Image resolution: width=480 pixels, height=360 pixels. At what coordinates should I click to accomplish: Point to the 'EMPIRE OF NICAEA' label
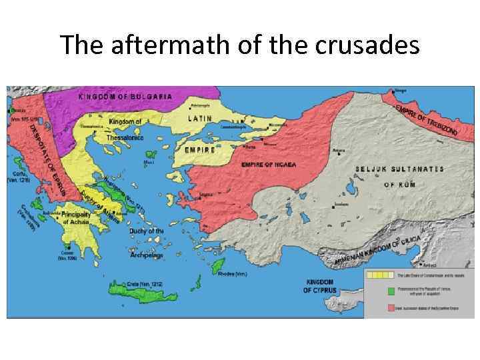269,164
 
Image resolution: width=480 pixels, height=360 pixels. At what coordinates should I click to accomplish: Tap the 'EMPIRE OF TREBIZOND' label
426,120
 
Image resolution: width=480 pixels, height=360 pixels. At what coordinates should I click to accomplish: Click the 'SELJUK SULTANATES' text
399,169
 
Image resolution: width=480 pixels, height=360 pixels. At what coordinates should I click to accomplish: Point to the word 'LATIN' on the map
199,118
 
